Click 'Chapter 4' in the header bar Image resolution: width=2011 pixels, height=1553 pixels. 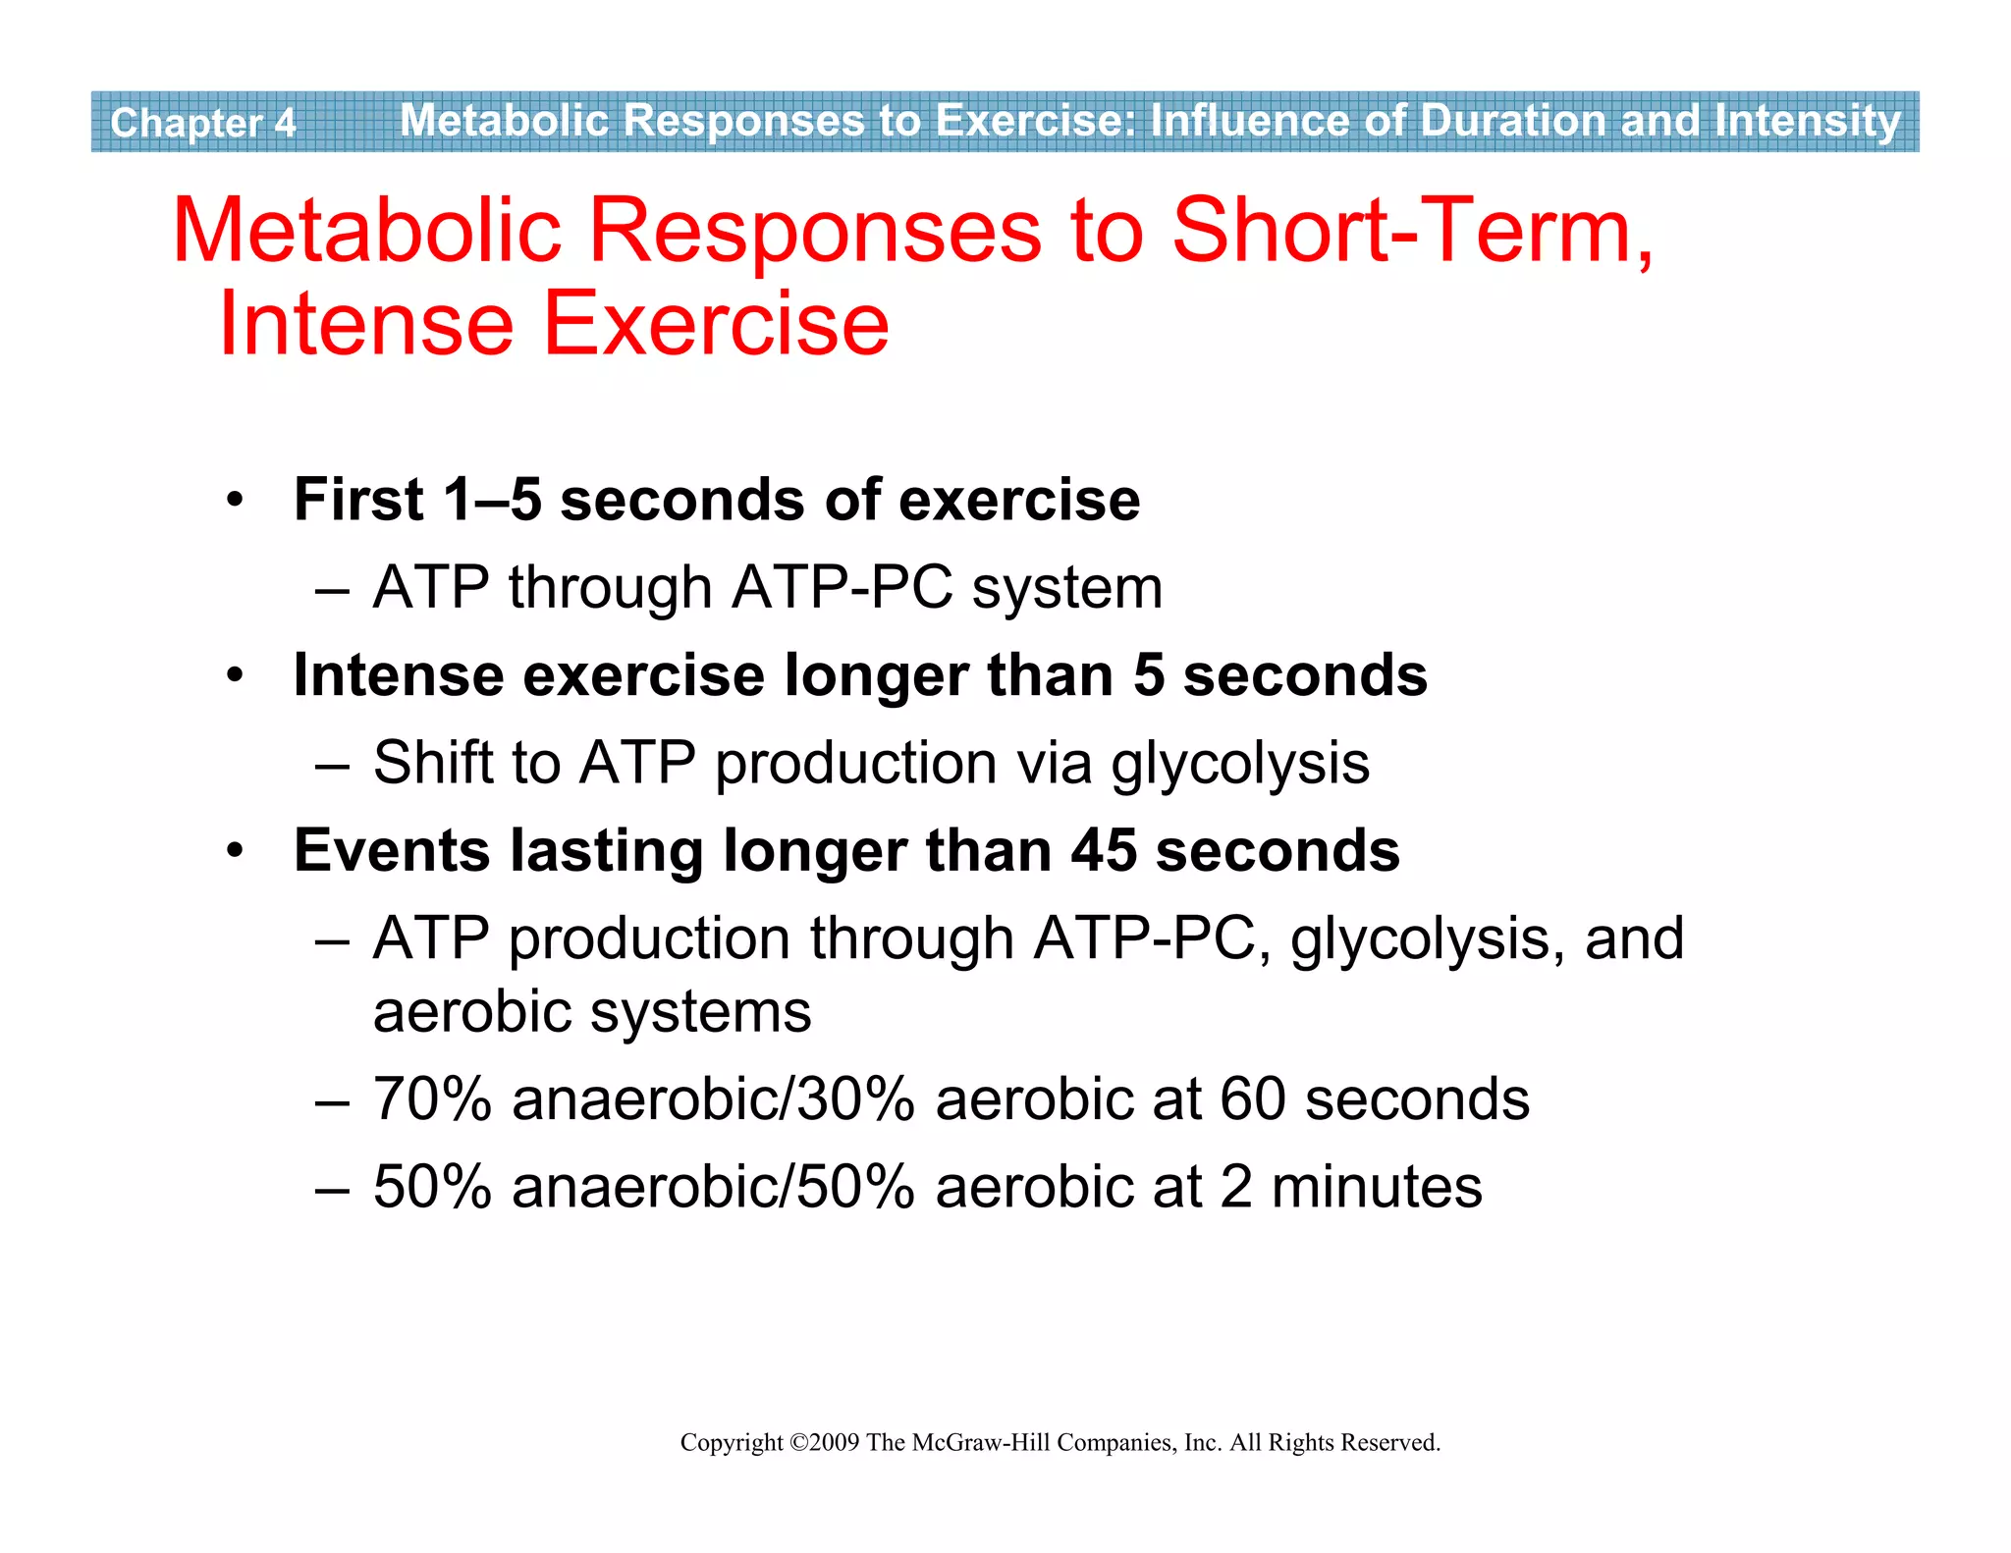click(202, 123)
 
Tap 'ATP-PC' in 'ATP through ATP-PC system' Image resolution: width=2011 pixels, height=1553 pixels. click(842, 588)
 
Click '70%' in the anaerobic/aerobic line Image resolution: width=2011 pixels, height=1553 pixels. click(432, 1098)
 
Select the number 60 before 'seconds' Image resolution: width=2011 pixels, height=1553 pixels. click(1252, 1098)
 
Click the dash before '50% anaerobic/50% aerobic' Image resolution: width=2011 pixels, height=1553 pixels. click(333, 1188)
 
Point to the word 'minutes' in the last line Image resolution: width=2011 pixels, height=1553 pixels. click(1376, 1187)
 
